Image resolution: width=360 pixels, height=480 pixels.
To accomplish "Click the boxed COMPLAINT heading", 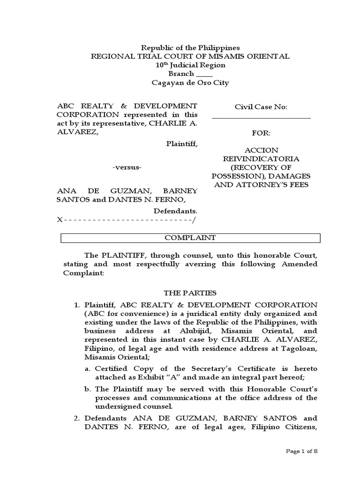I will [x=190, y=238].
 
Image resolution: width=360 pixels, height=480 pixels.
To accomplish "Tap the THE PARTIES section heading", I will [x=190, y=293].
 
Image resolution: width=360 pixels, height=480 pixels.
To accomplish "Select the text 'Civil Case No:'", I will [x=261, y=107].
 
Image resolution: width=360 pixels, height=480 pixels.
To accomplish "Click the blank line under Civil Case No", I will [x=261, y=118].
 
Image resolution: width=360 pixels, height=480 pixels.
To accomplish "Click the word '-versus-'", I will [x=127, y=168].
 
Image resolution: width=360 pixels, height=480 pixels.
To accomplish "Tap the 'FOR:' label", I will [x=261, y=134].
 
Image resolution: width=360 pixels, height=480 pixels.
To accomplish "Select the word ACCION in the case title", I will [x=261, y=150].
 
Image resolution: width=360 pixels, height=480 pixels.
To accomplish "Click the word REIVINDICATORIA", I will [x=261, y=159].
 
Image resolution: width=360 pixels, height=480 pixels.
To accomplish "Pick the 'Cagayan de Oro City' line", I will [x=190, y=83].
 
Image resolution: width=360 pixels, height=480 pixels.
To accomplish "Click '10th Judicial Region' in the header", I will [x=190, y=65].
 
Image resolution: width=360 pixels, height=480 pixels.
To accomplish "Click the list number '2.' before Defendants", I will [x=77, y=418].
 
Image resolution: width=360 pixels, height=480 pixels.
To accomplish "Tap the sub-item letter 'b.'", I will [x=89, y=389].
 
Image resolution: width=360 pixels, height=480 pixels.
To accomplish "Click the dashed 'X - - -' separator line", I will [x=127, y=220].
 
